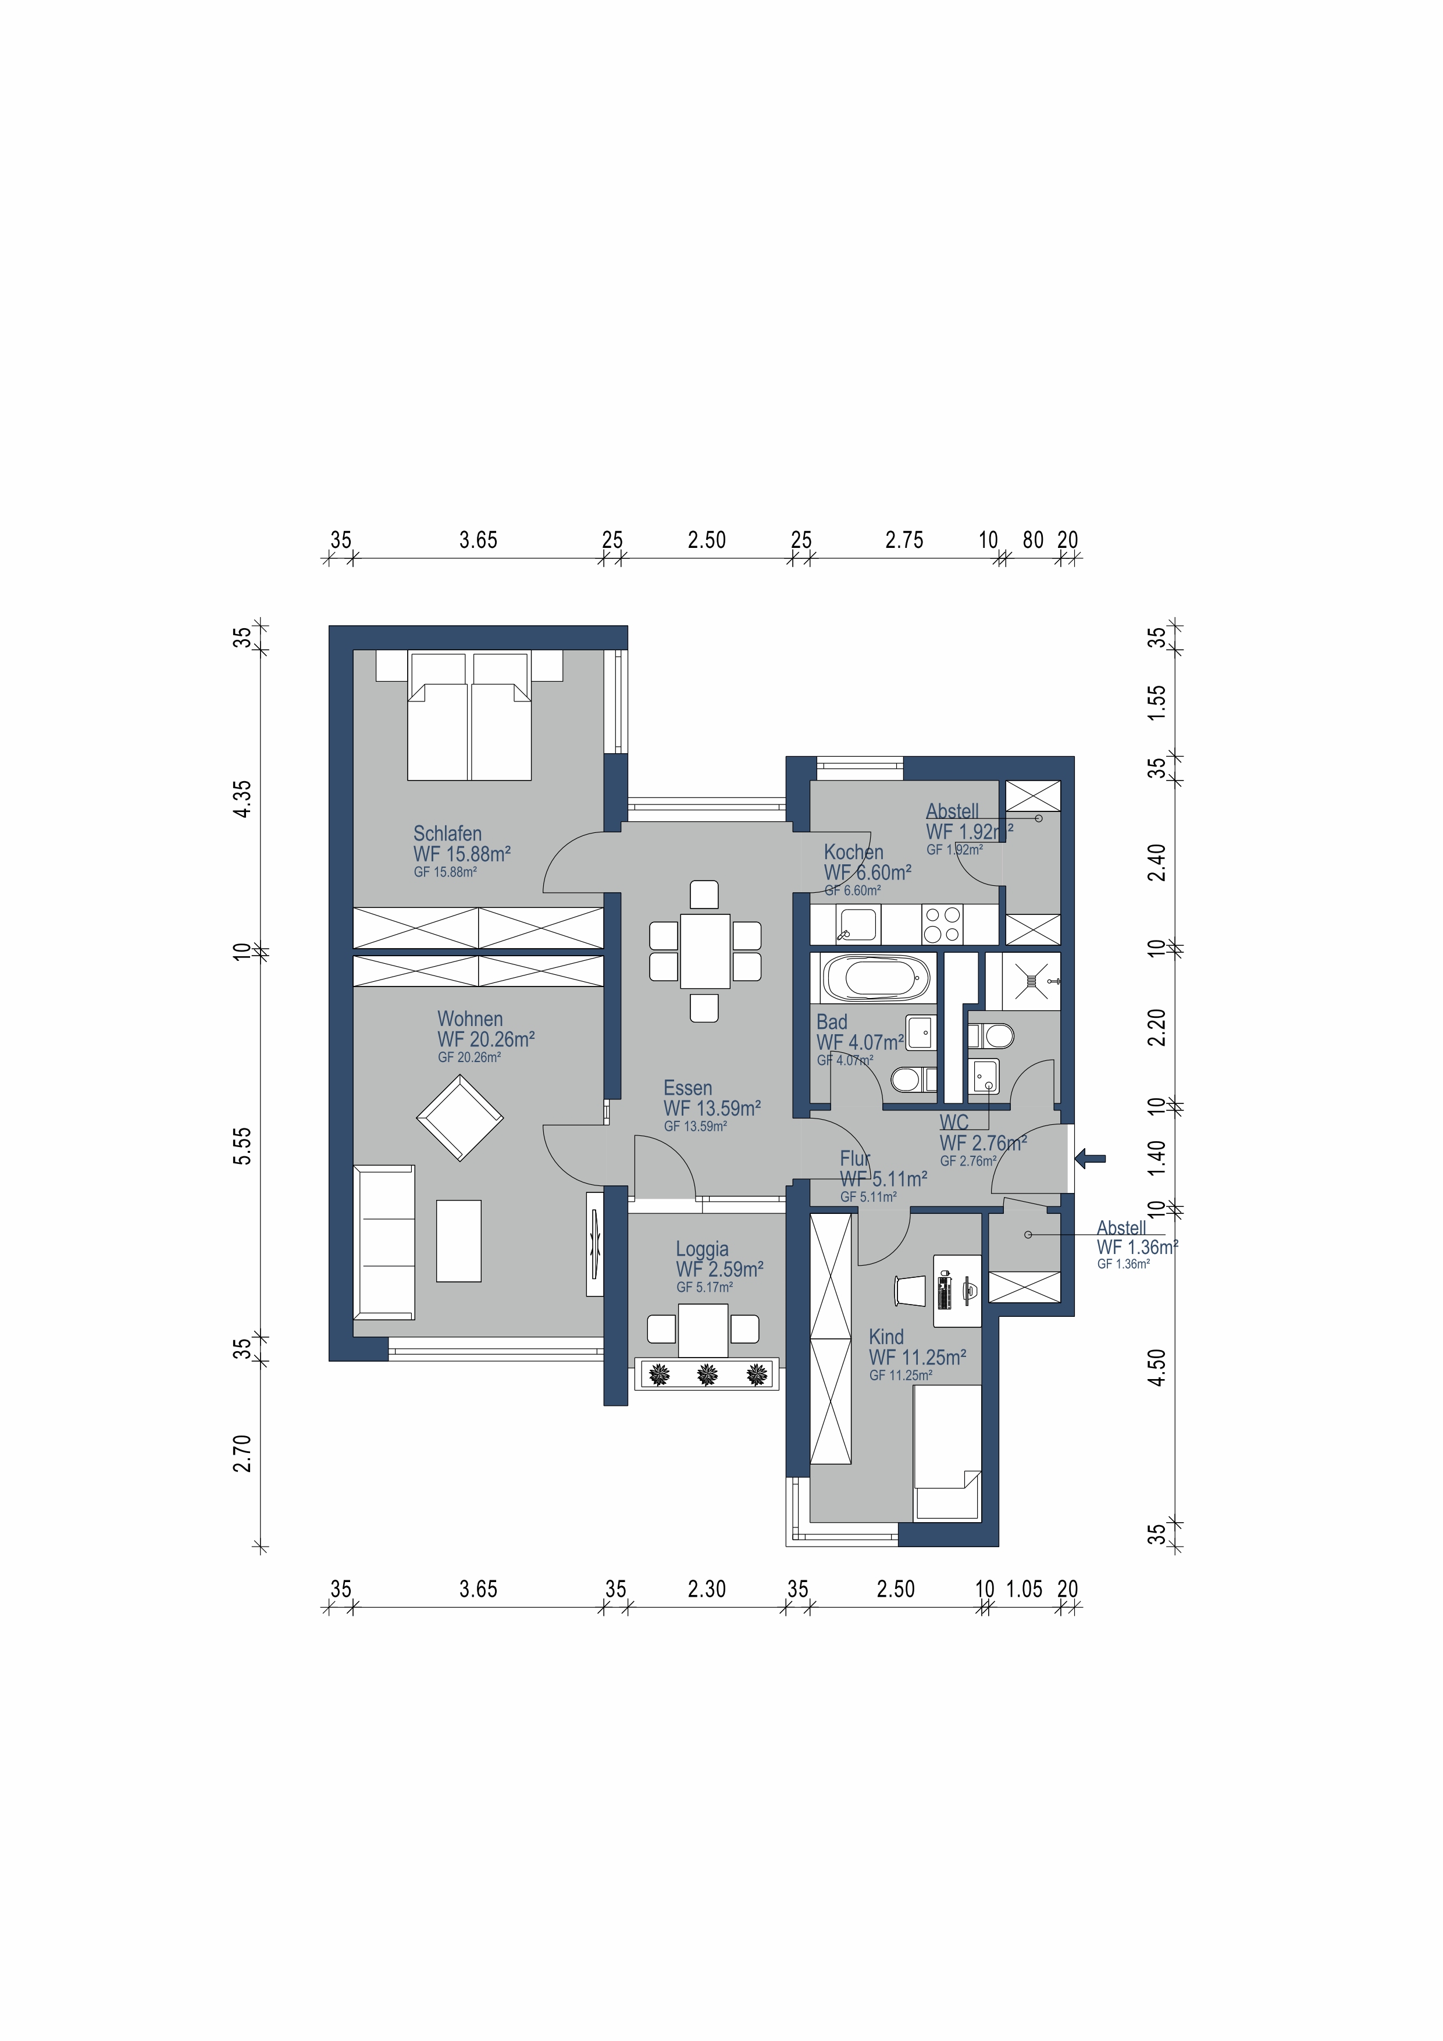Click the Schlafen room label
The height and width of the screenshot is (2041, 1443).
[x=447, y=834]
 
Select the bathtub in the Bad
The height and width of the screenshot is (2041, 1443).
[x=877, y=979]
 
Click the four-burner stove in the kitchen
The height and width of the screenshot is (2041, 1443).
[x=942, y=924]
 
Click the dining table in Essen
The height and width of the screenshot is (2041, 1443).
[x=705, y=950]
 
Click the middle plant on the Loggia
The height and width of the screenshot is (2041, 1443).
[x=707, y=1374]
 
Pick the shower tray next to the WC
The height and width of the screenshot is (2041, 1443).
[x=1031, y=981]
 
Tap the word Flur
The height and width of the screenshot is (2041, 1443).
[x=854, y=1158]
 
